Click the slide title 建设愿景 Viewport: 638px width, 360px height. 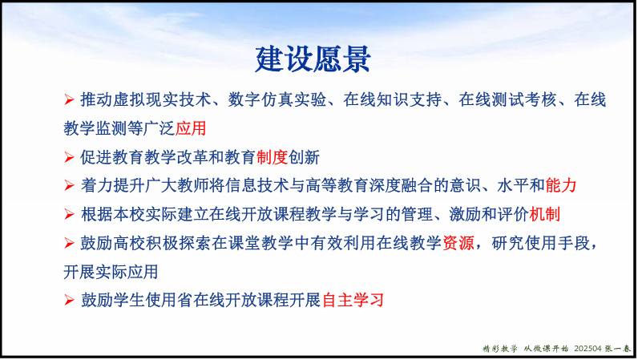(x=313, y=59)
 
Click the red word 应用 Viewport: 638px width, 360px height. (x=191, y=128)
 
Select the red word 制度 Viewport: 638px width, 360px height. (x=273, y=157)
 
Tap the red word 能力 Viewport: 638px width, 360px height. (x=561, y=186)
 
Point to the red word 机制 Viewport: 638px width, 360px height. (x=545, y=214)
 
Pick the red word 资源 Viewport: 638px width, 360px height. (x=458, y=243)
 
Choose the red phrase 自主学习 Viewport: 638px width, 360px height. (x=353, y=300)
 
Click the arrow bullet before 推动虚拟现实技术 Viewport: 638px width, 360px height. (x=69, y=99)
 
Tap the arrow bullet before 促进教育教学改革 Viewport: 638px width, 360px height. (x=69, y=157)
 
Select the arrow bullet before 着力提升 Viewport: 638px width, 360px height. (x=69, y=186)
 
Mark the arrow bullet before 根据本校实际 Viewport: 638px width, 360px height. (x=69, y=214)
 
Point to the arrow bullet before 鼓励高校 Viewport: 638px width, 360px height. (x=69, y=243)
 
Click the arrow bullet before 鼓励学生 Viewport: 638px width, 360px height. (x=69, y=300)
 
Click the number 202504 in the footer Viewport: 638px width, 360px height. (x=588, y=349)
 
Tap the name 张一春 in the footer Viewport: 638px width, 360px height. (x=617, y=349)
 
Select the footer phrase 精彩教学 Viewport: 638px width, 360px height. (x=500, y=349)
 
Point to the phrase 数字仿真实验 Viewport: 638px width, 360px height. (x=277, y=99)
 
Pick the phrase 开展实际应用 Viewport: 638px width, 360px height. (x=111, y=272)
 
